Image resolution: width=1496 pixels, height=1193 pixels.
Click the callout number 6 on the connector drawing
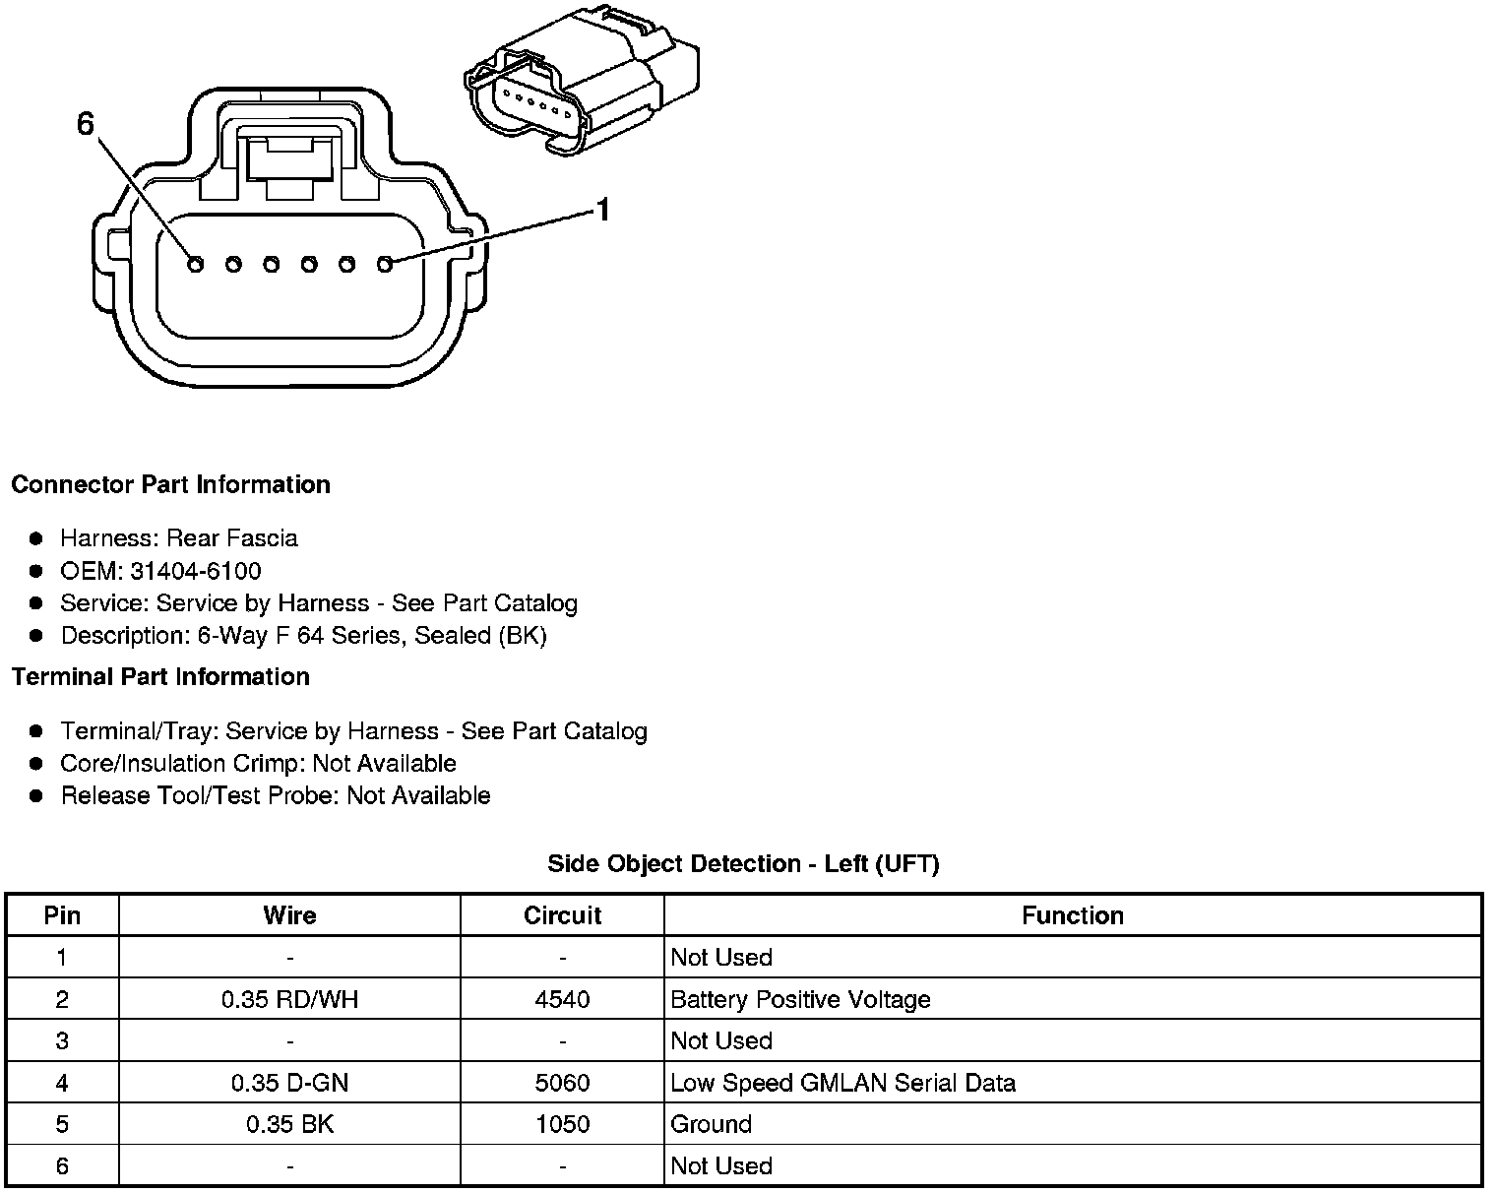click(86, 124)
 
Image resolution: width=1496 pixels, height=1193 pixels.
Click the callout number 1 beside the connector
click(602, 210)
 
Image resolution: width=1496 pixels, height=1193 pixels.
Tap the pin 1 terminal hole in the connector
click(385, 264)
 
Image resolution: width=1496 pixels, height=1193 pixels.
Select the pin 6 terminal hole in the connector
click(195, 264)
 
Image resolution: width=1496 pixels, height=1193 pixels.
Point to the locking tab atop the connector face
click(288, 155)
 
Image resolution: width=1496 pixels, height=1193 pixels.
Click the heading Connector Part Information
click(170, 484)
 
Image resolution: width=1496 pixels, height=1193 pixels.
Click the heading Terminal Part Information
click(160, 676)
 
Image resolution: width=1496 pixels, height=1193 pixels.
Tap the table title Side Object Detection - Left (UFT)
click(743, 863)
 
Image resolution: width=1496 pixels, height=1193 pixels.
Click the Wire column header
click(289, 915)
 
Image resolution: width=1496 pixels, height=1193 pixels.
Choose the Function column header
click(1072, 915)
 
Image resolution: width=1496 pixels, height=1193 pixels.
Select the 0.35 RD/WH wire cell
click(289, 999)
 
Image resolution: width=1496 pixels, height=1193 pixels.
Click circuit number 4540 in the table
click(562, 999)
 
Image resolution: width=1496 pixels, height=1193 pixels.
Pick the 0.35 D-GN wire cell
click(289, 1083)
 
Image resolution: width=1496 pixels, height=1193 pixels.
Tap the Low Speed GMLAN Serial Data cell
click(842, 1083)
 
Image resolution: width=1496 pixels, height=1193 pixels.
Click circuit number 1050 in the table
click(562, 1124)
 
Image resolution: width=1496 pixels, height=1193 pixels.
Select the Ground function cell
click(711, 1124)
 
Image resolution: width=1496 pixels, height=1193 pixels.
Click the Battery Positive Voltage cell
click(800, 999)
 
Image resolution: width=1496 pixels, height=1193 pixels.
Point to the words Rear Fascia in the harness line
click(231, 538)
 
